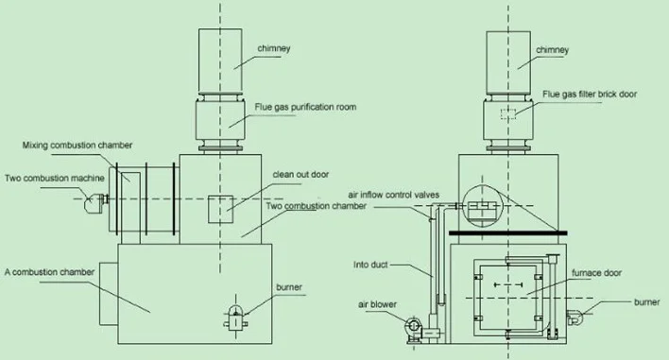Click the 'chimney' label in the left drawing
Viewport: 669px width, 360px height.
pyautogui.click(x=273, y=48)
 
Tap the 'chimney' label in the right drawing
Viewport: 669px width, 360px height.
pyautogui.click(x=552, y=50)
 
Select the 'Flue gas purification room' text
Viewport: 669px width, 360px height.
pyautogui.click(x=305, y=107)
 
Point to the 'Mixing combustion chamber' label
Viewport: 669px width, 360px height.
pyautogui.click(x=77, y=145)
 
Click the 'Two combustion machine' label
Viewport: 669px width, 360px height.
pyautogui.click(x=55, y=178)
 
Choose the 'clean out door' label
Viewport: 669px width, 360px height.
pyautogui.click(x=300, y=174)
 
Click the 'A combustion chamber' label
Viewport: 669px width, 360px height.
pyautogui.click(x=49, y=272)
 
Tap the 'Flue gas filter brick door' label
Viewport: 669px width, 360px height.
pyautogui.click(x=590, y=94)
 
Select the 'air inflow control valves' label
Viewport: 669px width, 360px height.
pyautogui.click(x=393, y=195)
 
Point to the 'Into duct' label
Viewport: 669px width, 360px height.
pyautogui.click(x=370, y=265)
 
